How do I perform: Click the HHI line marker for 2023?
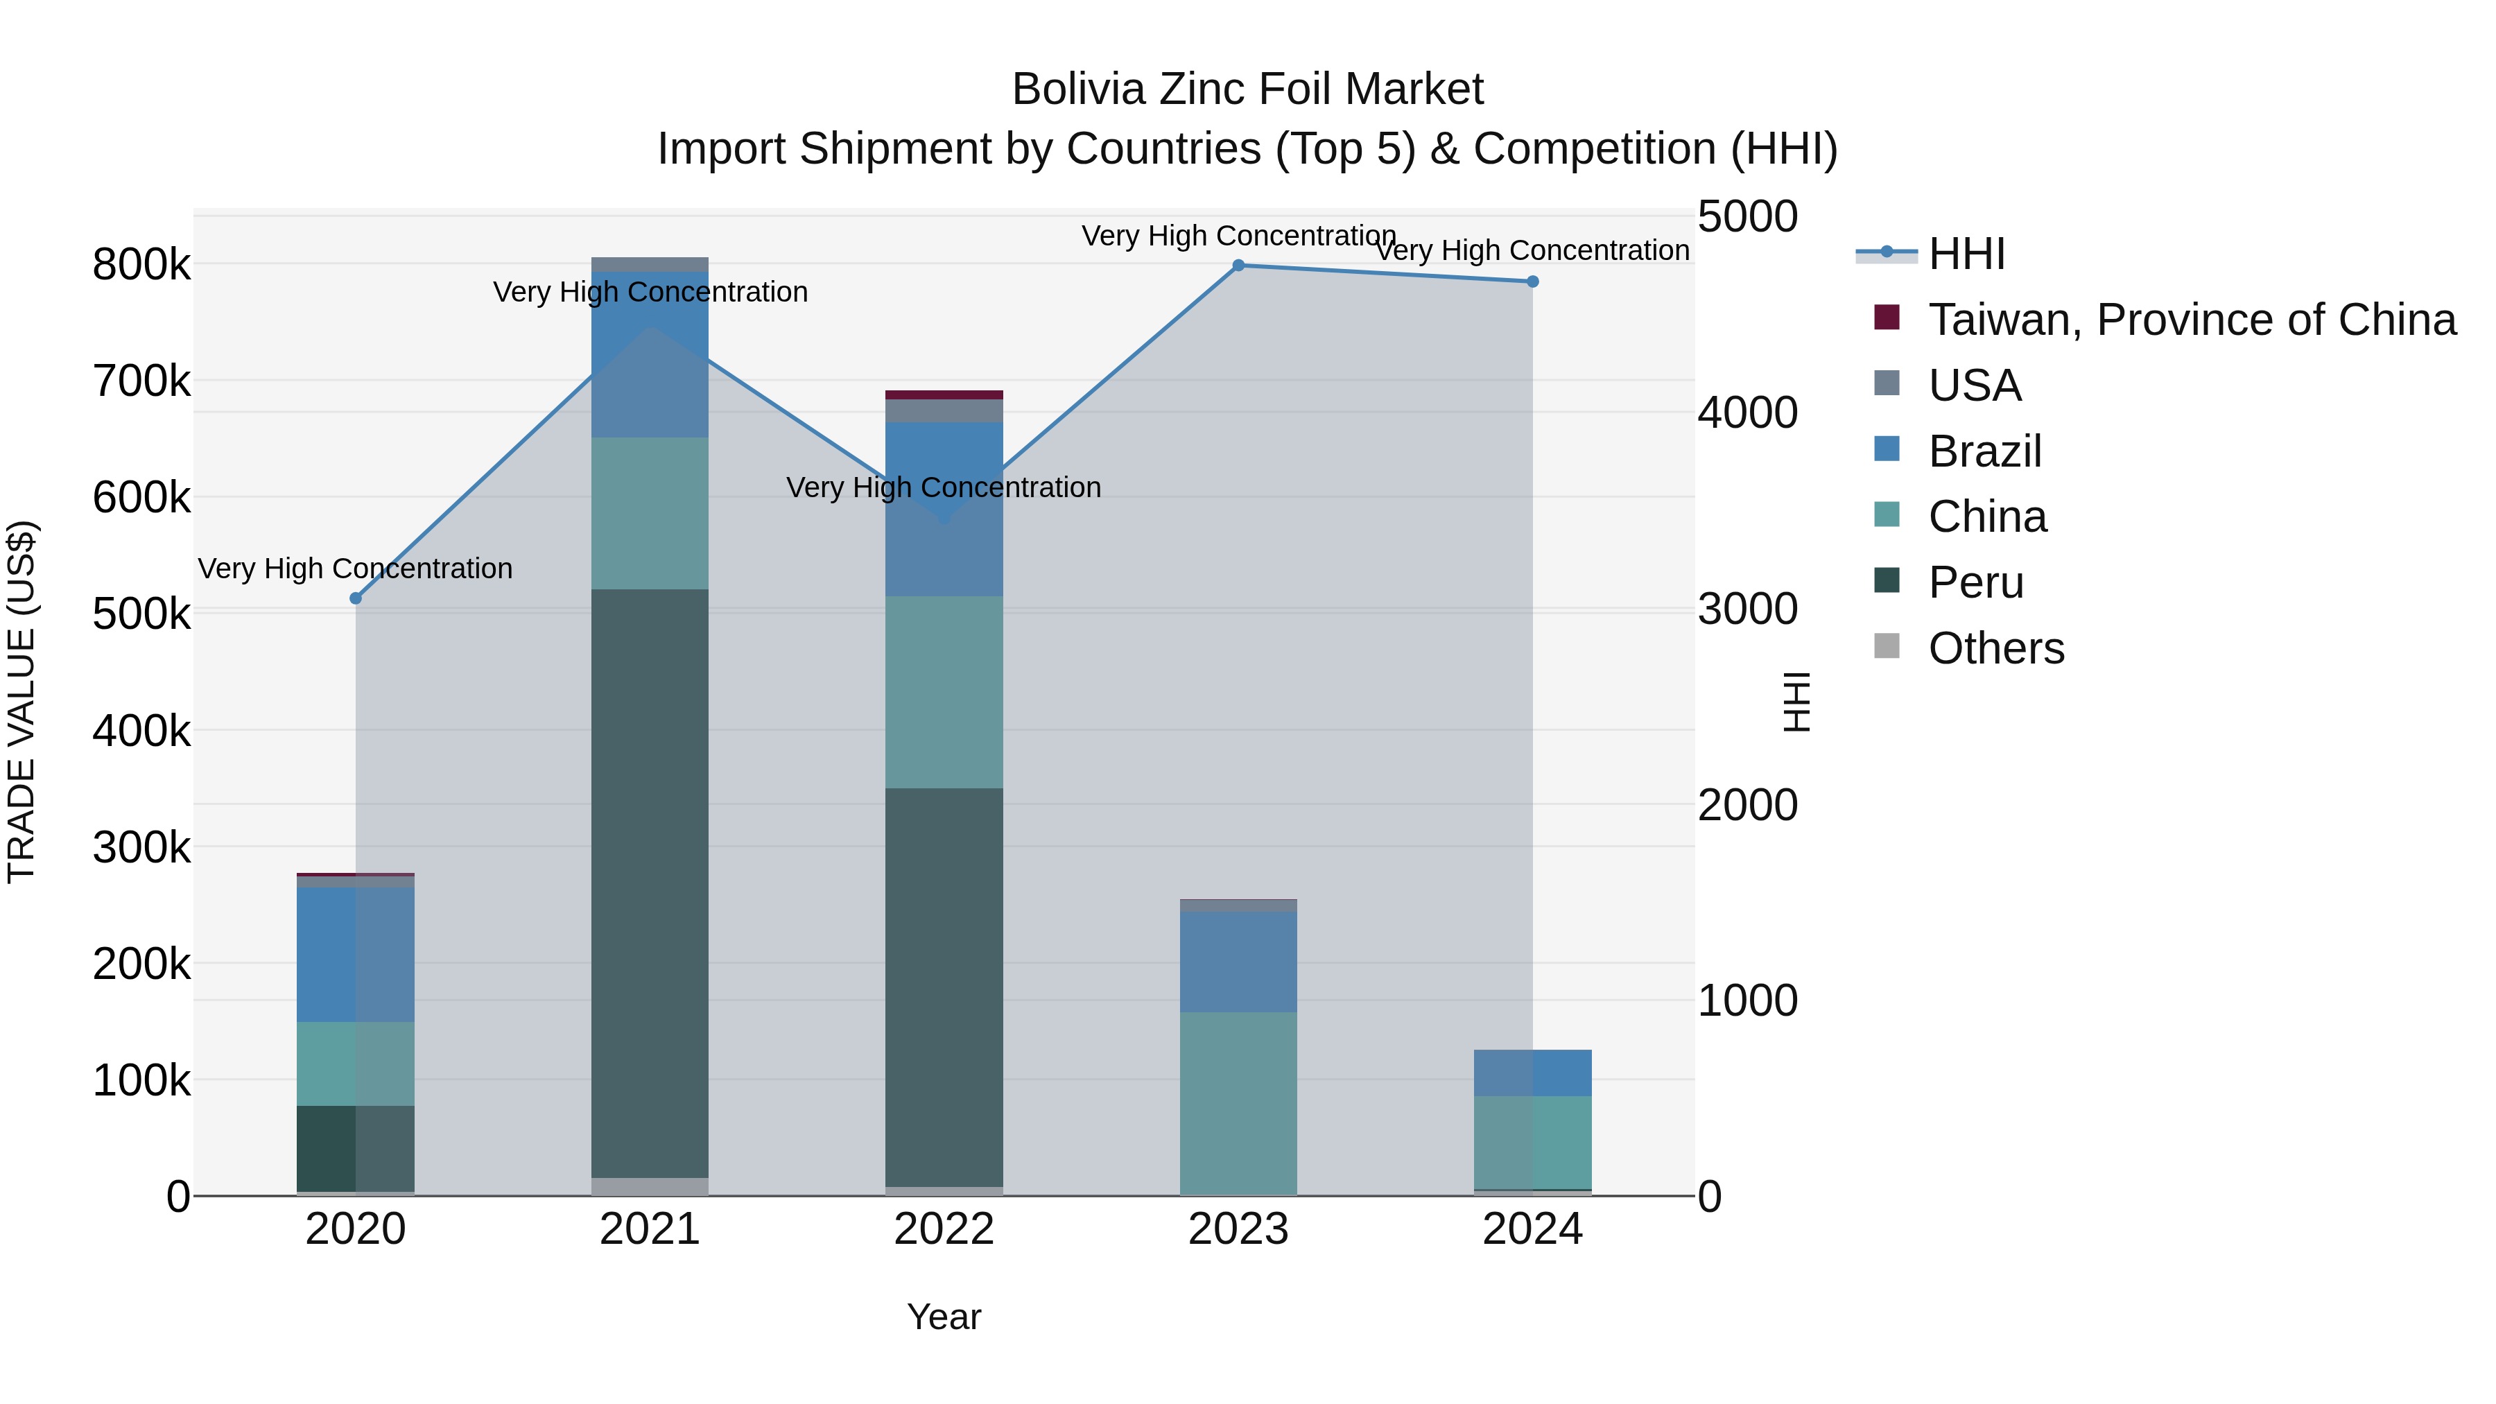(x=1238, y=266)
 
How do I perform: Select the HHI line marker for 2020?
(x=356, y=599)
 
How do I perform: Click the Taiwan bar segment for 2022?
(x=945, y=395)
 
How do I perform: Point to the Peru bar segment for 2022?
(x=945, y=987)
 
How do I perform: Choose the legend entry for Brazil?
(x=1984, y=451)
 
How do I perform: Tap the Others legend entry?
(x=1996, y=648)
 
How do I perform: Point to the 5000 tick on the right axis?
(x=1748, y=216)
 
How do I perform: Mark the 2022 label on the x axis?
(x=945, y=1229)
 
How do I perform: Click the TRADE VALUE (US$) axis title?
(x=22, y=702)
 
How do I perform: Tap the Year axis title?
(x=945, y=1317)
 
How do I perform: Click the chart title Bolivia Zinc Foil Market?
(x=1247, y=89)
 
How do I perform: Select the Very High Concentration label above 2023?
(x=1238, y=236)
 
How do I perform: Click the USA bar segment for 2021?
(x=650, y=265)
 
